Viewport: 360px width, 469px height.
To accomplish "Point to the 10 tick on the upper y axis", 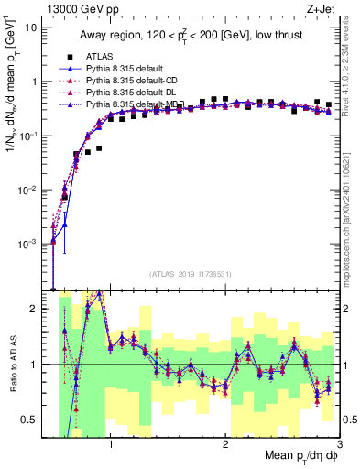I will pyautogui.click(x=32, y=27).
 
